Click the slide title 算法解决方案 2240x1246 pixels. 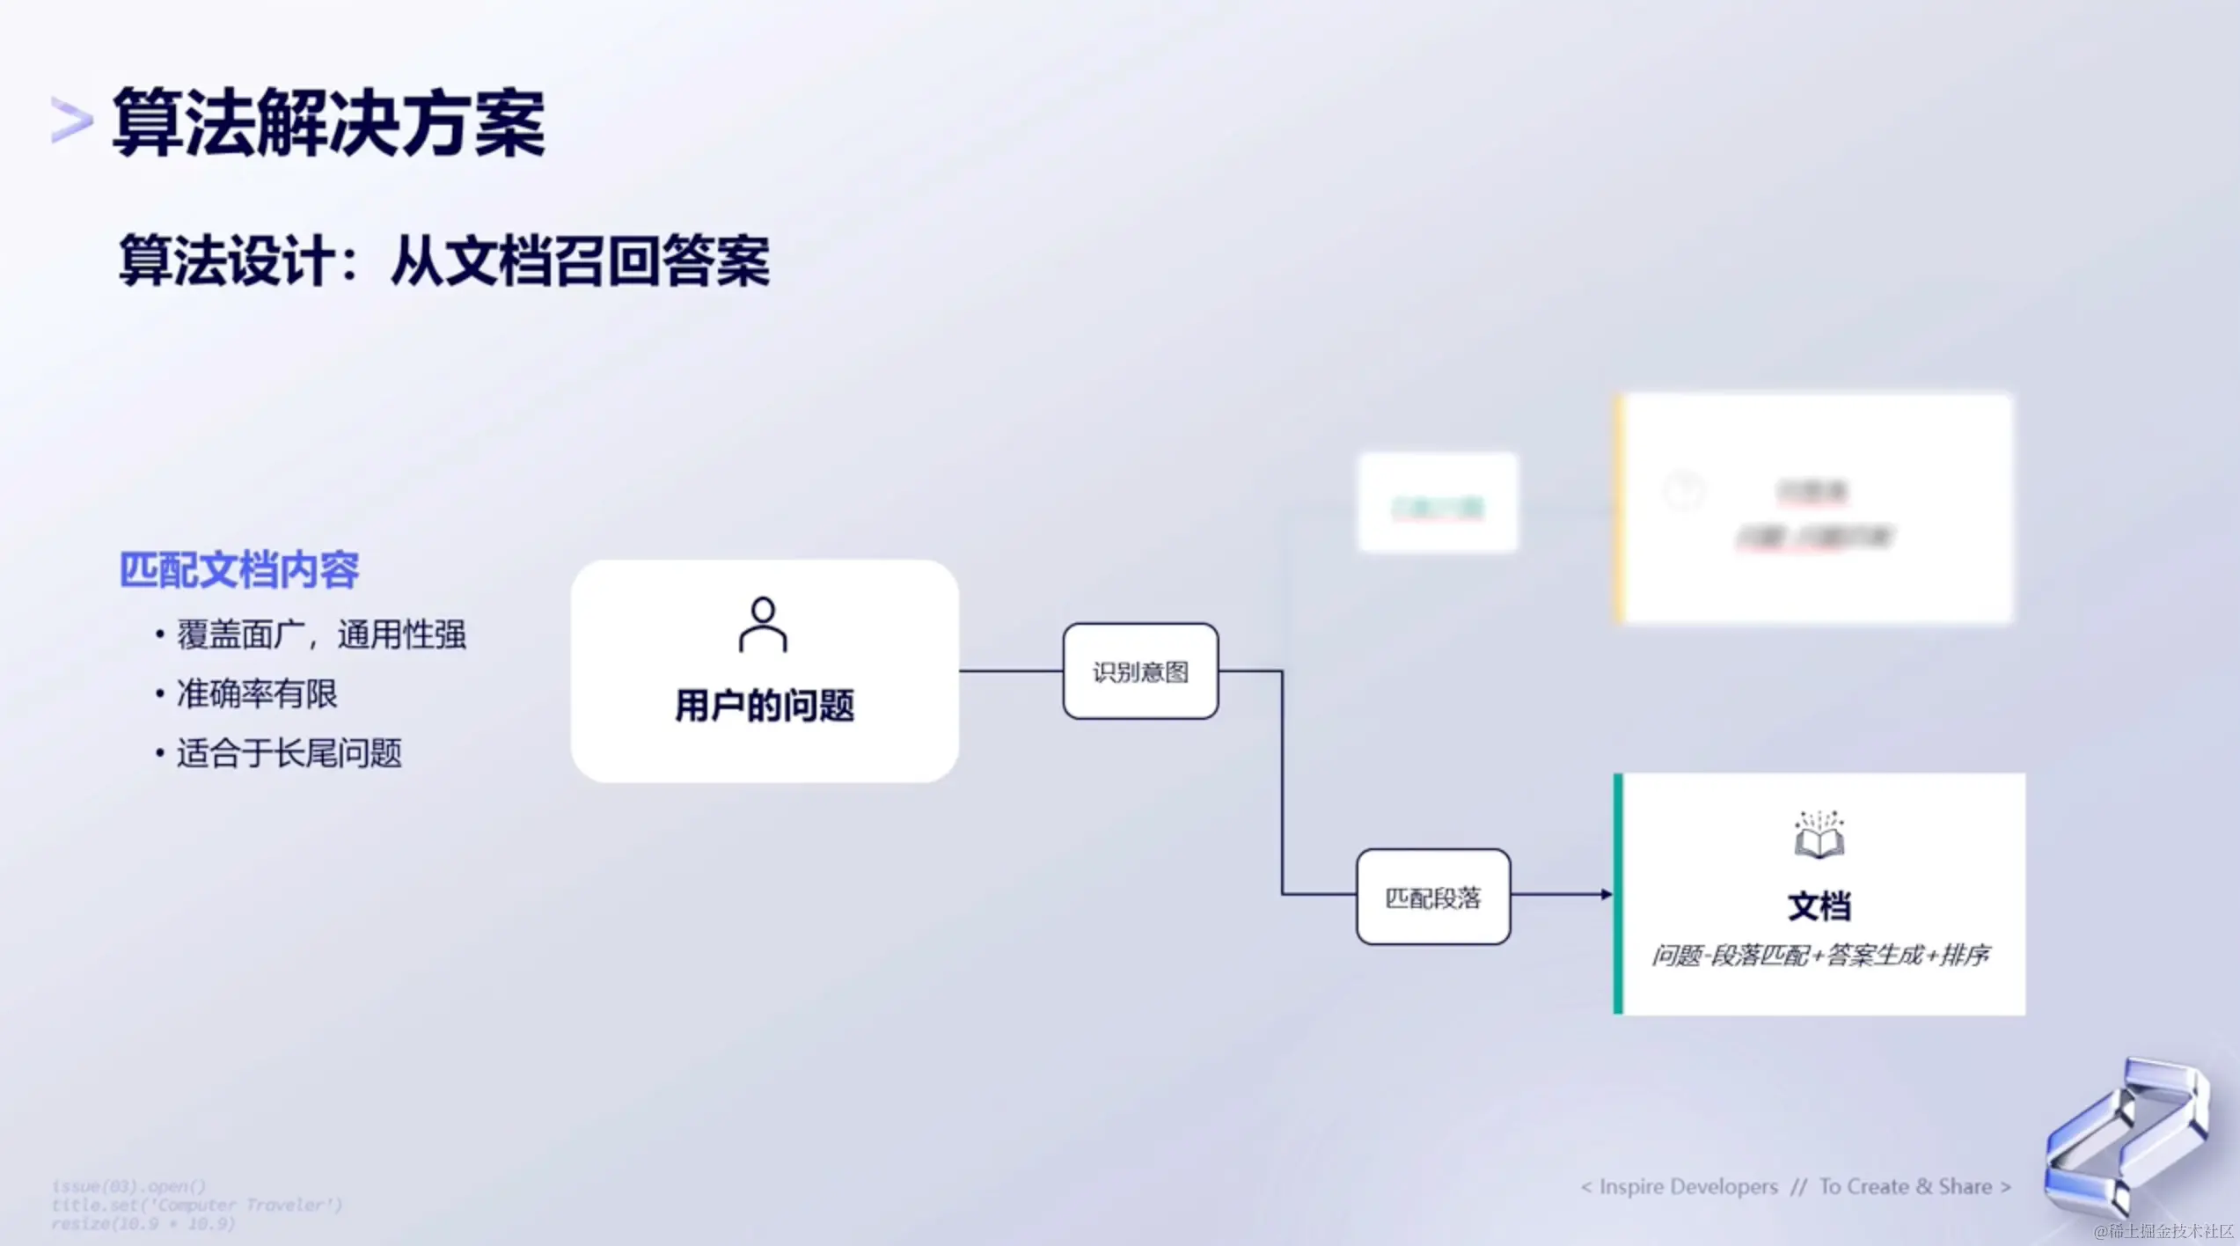coord(328,122)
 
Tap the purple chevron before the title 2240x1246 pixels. coord(71,121)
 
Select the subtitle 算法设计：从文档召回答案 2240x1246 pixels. coord(444,260)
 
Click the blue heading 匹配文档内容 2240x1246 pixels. coord(239,570)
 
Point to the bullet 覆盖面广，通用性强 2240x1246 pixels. coord(320,634)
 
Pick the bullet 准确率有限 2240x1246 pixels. coord(256,694)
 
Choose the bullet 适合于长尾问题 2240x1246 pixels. coord(289,753)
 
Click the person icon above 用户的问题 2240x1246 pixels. coord(763,625)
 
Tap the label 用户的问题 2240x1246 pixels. coord(765,706)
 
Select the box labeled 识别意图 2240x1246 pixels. coord(1140,671)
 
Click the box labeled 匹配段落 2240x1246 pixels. coord(1433,897)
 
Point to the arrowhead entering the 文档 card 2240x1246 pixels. coord(1606,894)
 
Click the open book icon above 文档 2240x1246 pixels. coord(1819,835)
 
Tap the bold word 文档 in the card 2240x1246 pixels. coord(1819,906)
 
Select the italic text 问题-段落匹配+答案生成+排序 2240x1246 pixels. coord(1819,955)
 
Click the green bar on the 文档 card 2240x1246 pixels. coord(1618,894)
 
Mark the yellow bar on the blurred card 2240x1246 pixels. coord(1620,509)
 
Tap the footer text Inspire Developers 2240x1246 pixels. coord(1687,1187)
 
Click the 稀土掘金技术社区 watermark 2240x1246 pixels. coord(2163,1231)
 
